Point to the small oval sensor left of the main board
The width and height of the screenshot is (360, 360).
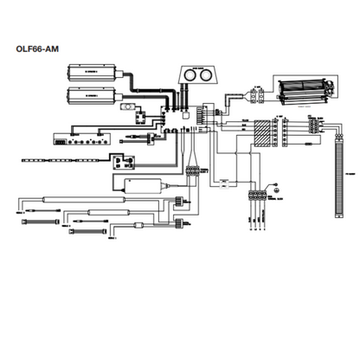[x=129, y=108]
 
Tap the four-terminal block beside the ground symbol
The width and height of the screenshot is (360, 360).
[x=257, y=196]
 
